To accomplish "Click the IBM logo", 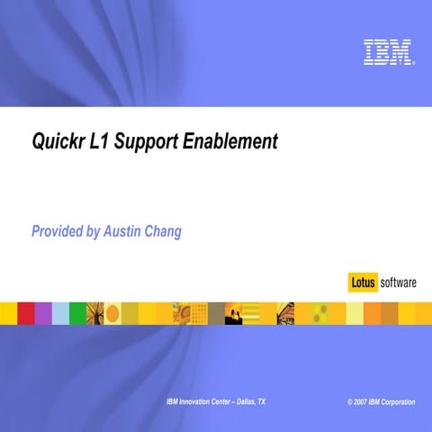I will (389, 51).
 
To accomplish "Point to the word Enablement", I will (231, 142).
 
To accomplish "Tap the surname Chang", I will (166, 232).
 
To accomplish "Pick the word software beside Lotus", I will (398, 283).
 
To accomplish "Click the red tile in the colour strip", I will (26, 312).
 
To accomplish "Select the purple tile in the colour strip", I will (43, 312).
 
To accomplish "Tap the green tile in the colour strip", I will (77, 312).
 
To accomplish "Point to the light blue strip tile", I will (60, 312).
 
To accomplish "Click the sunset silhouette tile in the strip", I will (233, 312).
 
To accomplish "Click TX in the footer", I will (261, 400).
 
